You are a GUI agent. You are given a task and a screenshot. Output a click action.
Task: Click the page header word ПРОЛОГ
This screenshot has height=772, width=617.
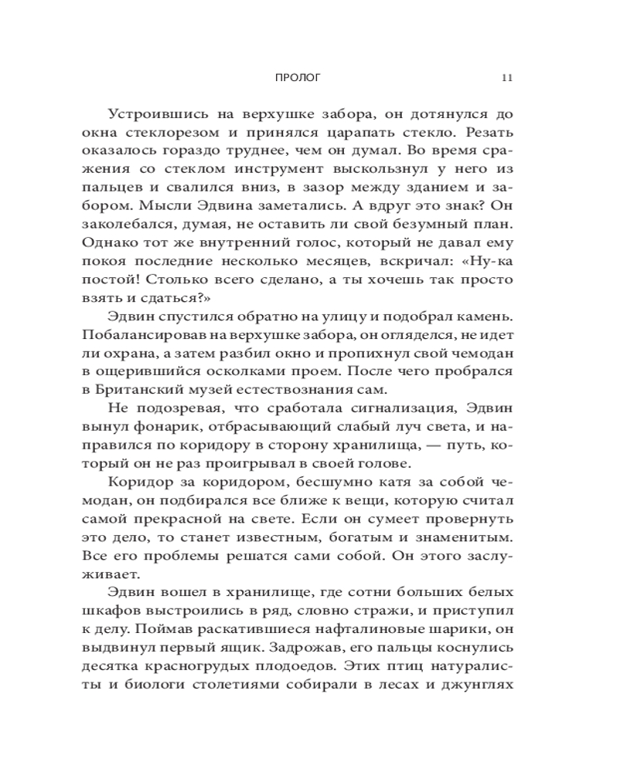[x=296, y=78]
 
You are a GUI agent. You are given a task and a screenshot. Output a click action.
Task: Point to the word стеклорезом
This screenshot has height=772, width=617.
[x=180, y=136]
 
